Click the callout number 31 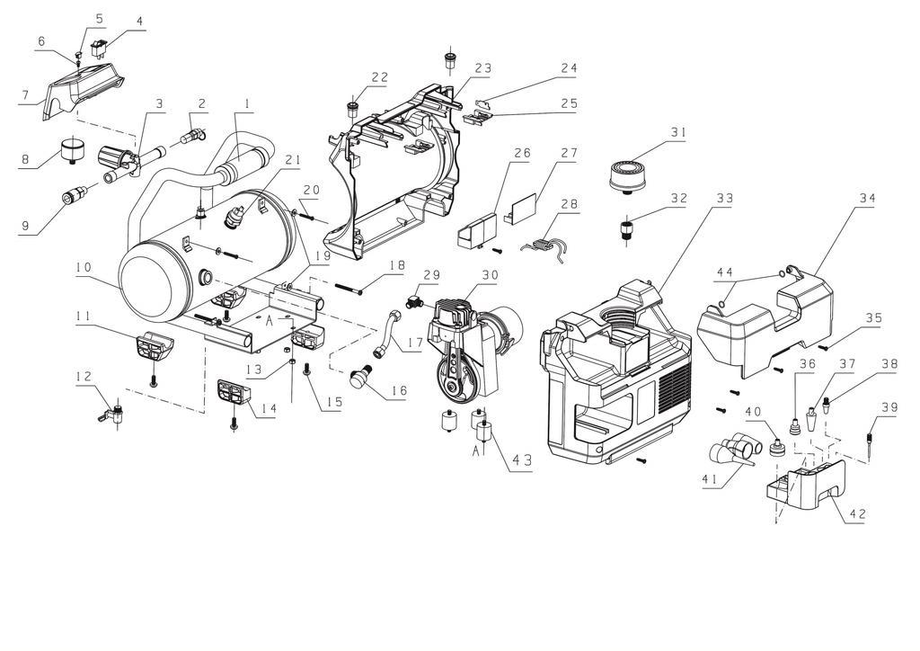[x=677, y=133]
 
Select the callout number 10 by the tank [x=84, y=267]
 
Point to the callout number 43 [x=521, y=460]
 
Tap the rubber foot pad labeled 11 [x=152, y=345]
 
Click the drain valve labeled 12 [x=113, y=415]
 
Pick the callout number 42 [x=857, y=514]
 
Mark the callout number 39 [x=889, y=406]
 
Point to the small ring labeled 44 [x=721, y=306]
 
